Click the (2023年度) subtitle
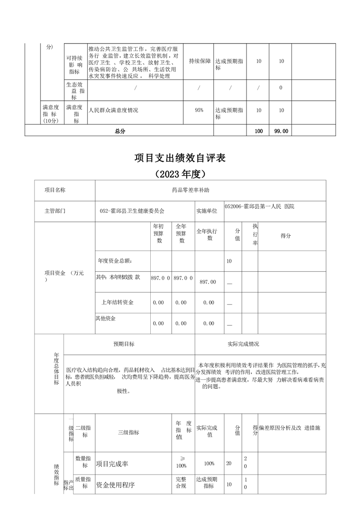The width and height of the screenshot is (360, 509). pos(180,174)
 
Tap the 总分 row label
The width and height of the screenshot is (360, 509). pos(119,131)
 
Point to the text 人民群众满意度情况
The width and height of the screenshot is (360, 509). pos(113,110)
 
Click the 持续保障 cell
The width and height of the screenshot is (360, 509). pos(200,61)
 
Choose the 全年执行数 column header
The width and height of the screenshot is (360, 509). pos(209,235)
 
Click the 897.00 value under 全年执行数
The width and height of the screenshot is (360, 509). pos(208,282)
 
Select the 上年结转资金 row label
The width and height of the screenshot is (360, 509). pos(117,302)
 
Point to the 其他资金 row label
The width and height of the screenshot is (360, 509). pos(105,318)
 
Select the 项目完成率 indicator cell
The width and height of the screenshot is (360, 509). pos(112,464)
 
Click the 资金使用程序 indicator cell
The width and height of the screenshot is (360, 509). pos(115,485)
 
